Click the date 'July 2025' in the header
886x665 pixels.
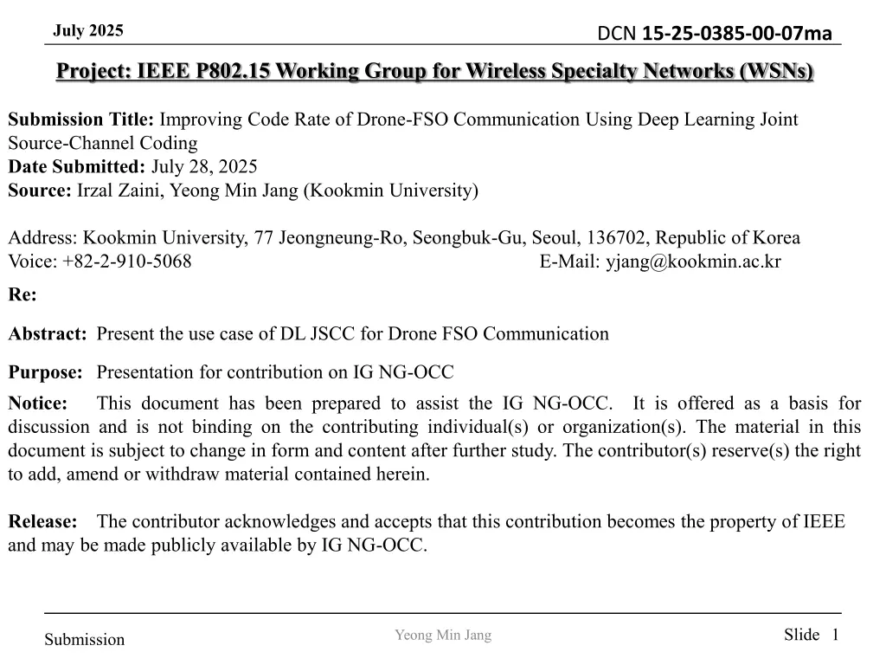point(88,31)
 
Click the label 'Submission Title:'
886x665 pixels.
point(80,119)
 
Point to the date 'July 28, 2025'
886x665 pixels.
point(204,166)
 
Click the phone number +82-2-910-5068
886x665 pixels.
point(127,261)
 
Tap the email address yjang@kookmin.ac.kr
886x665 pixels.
point(692,261)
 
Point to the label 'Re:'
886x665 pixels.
point(22,295)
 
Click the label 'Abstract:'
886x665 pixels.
point(48,333)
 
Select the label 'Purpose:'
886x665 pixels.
point(45,372)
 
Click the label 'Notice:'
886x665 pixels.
point(38,403)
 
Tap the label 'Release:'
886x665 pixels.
point(42,521)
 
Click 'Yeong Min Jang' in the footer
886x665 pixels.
point(443,636)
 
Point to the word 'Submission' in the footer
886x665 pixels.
point(85,640)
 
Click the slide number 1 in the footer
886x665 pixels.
point(835,635)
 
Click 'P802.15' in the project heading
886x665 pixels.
point(230,71)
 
